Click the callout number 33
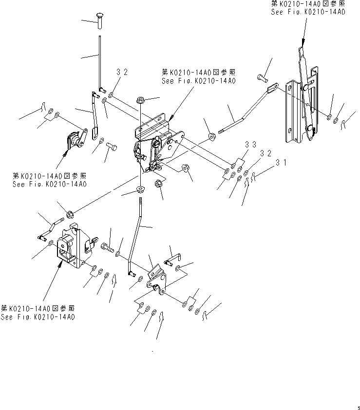(250, 145)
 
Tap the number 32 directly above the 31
(265, 153)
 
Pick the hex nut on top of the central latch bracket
(140, 101)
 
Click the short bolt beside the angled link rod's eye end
(261, 77)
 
